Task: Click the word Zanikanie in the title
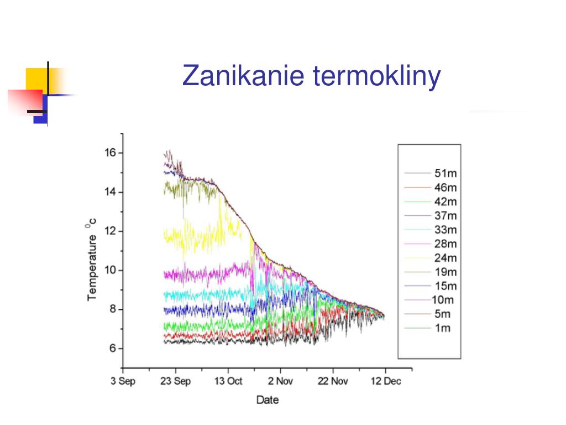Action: point(243,75)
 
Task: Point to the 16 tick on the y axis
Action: point(111,153)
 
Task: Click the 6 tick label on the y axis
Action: point(113,349)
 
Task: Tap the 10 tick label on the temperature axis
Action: point(111,270)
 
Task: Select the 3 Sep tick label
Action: point(123,381)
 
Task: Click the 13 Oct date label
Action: point(228,381)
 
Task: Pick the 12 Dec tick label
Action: point(386,381)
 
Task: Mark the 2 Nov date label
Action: point(280,381)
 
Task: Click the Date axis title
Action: point(268,400)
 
